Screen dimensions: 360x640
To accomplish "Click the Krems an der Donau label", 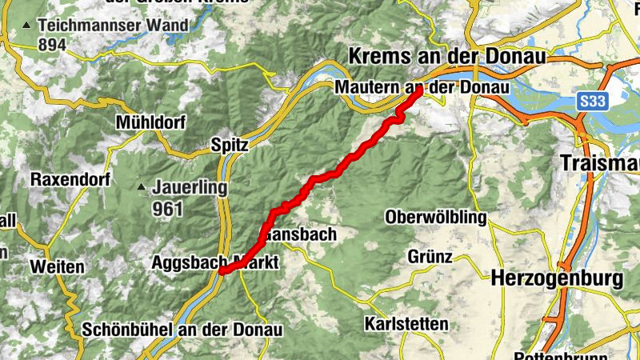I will click(447, 58).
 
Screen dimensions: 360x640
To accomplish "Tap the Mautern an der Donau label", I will click(423, 86).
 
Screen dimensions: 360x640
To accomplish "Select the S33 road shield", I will click(591, 101).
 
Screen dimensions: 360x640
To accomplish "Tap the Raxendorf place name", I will click(70, 179).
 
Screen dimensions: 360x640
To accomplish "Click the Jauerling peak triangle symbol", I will click(142, 188).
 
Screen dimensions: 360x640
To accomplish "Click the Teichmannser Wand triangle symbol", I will click(27, 26).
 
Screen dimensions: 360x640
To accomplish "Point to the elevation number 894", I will click(52, 45).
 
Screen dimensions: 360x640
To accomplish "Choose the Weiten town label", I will click(58, 266).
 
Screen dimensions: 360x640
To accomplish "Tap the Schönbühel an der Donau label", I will click(183, 329).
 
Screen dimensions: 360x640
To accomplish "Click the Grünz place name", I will click(430, 257).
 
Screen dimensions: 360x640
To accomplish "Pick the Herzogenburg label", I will click(558, 279).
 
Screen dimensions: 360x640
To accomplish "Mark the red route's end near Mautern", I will click(418, 91).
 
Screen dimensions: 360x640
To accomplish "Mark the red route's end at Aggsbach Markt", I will click(222, 271).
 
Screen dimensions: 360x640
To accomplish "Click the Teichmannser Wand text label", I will click(118, 25).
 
